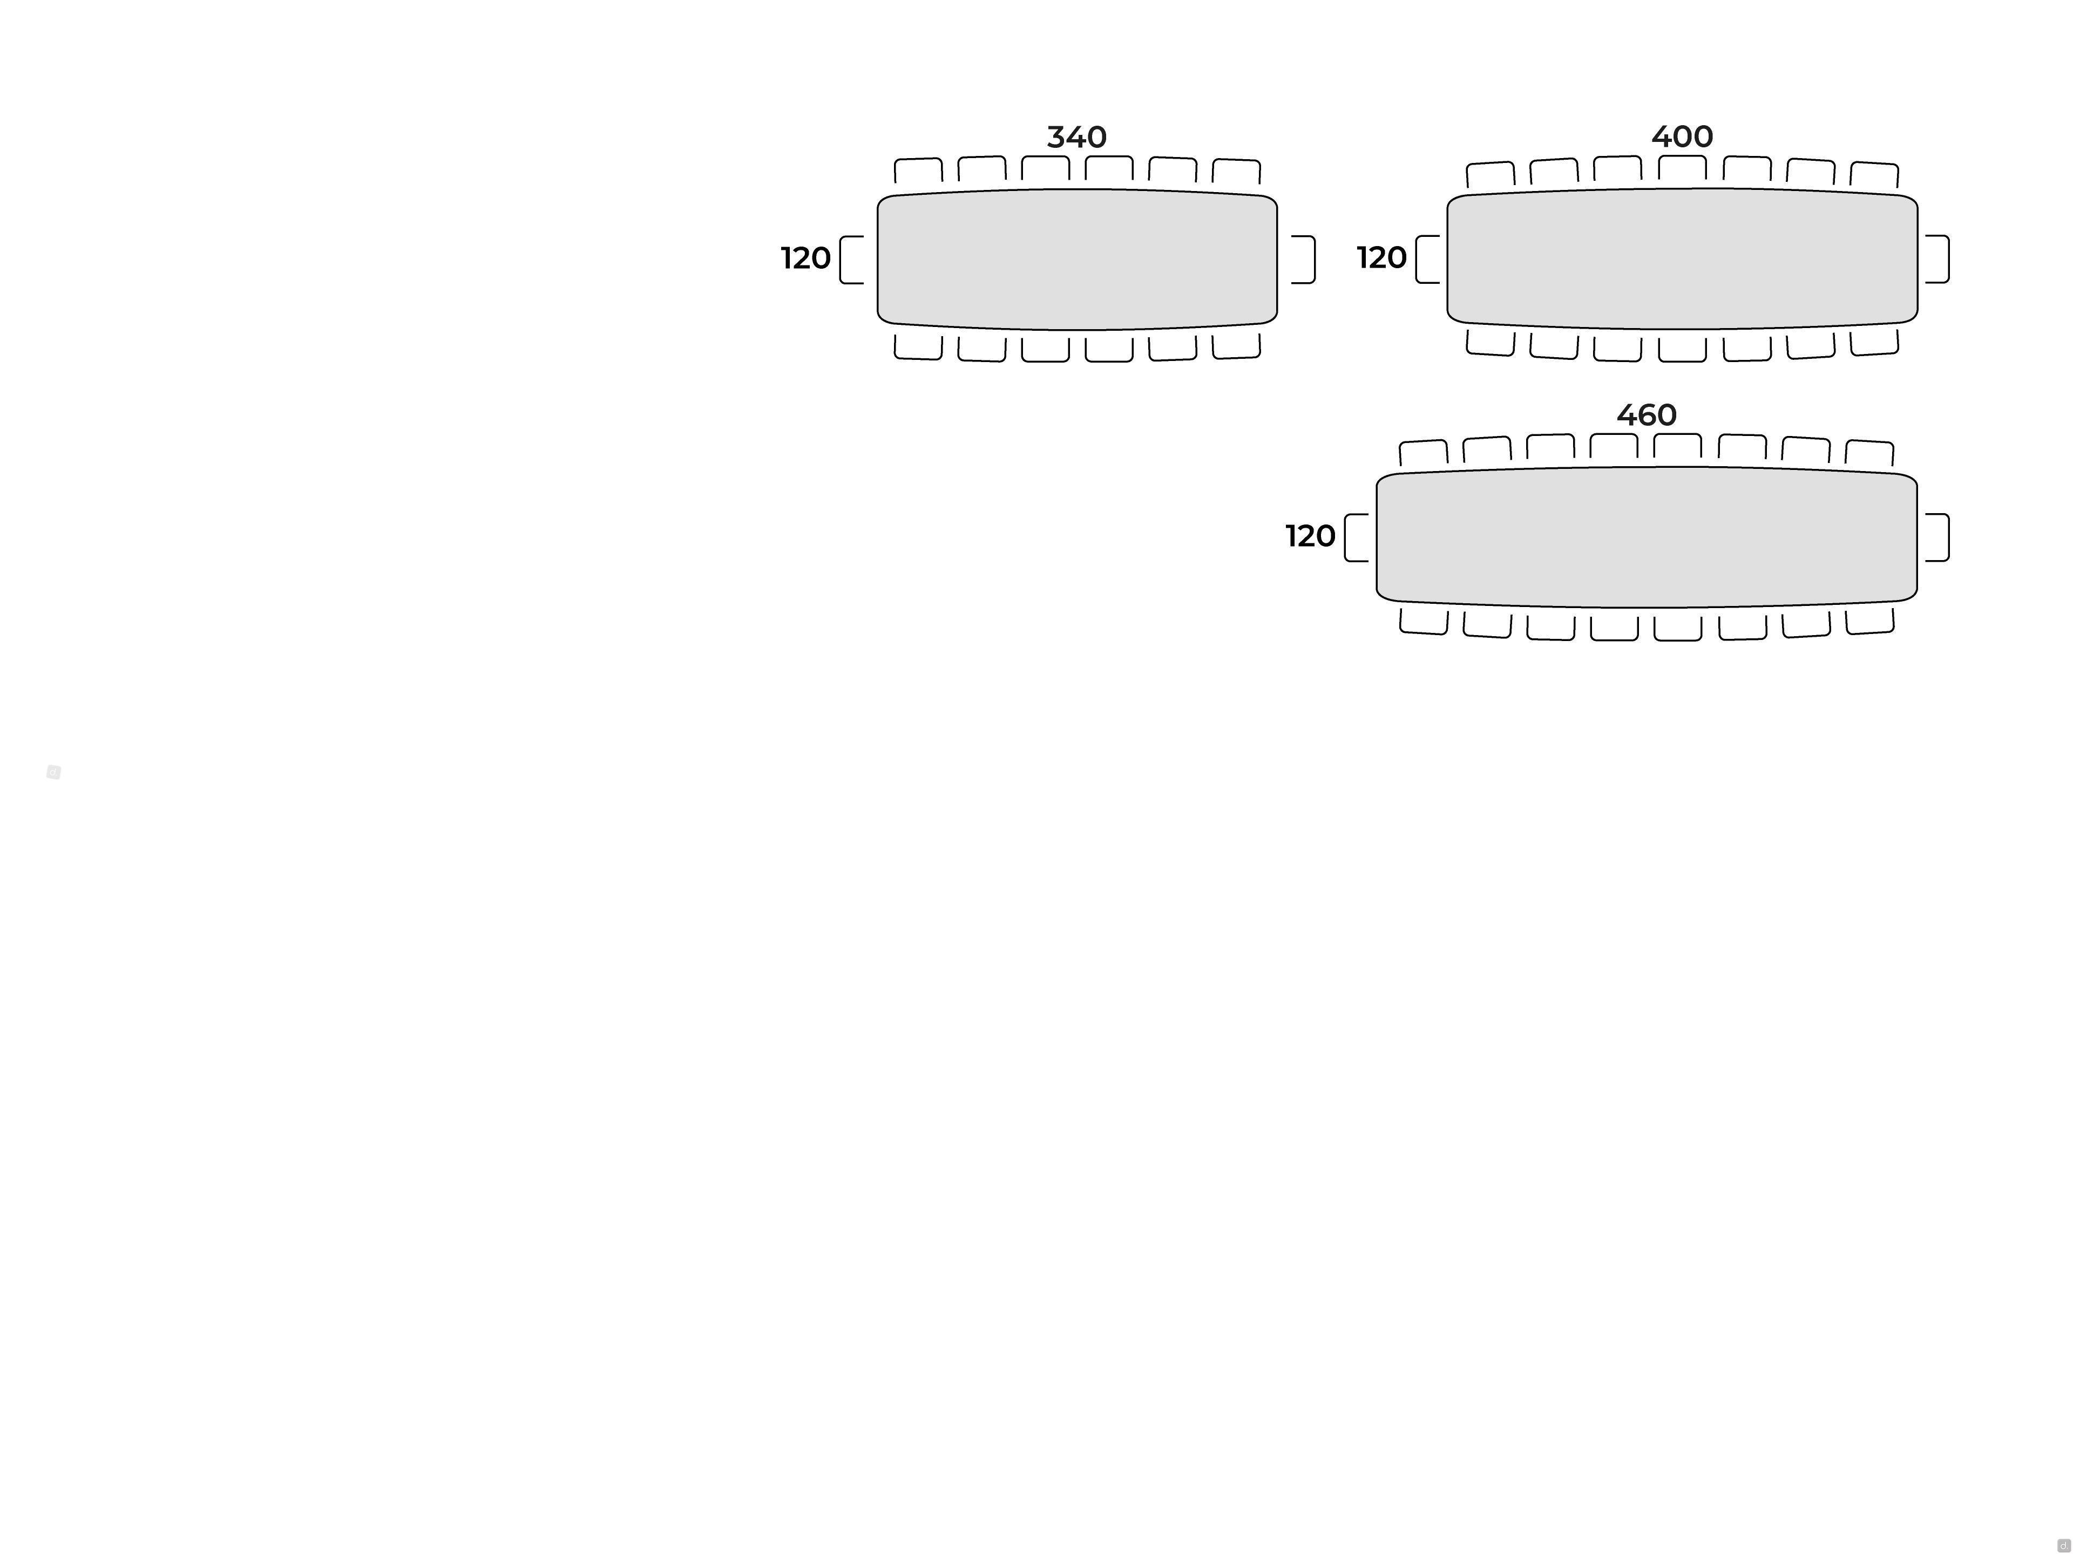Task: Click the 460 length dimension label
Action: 1647,415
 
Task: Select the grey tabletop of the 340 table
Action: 1077,260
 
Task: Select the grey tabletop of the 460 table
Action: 1647,537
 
